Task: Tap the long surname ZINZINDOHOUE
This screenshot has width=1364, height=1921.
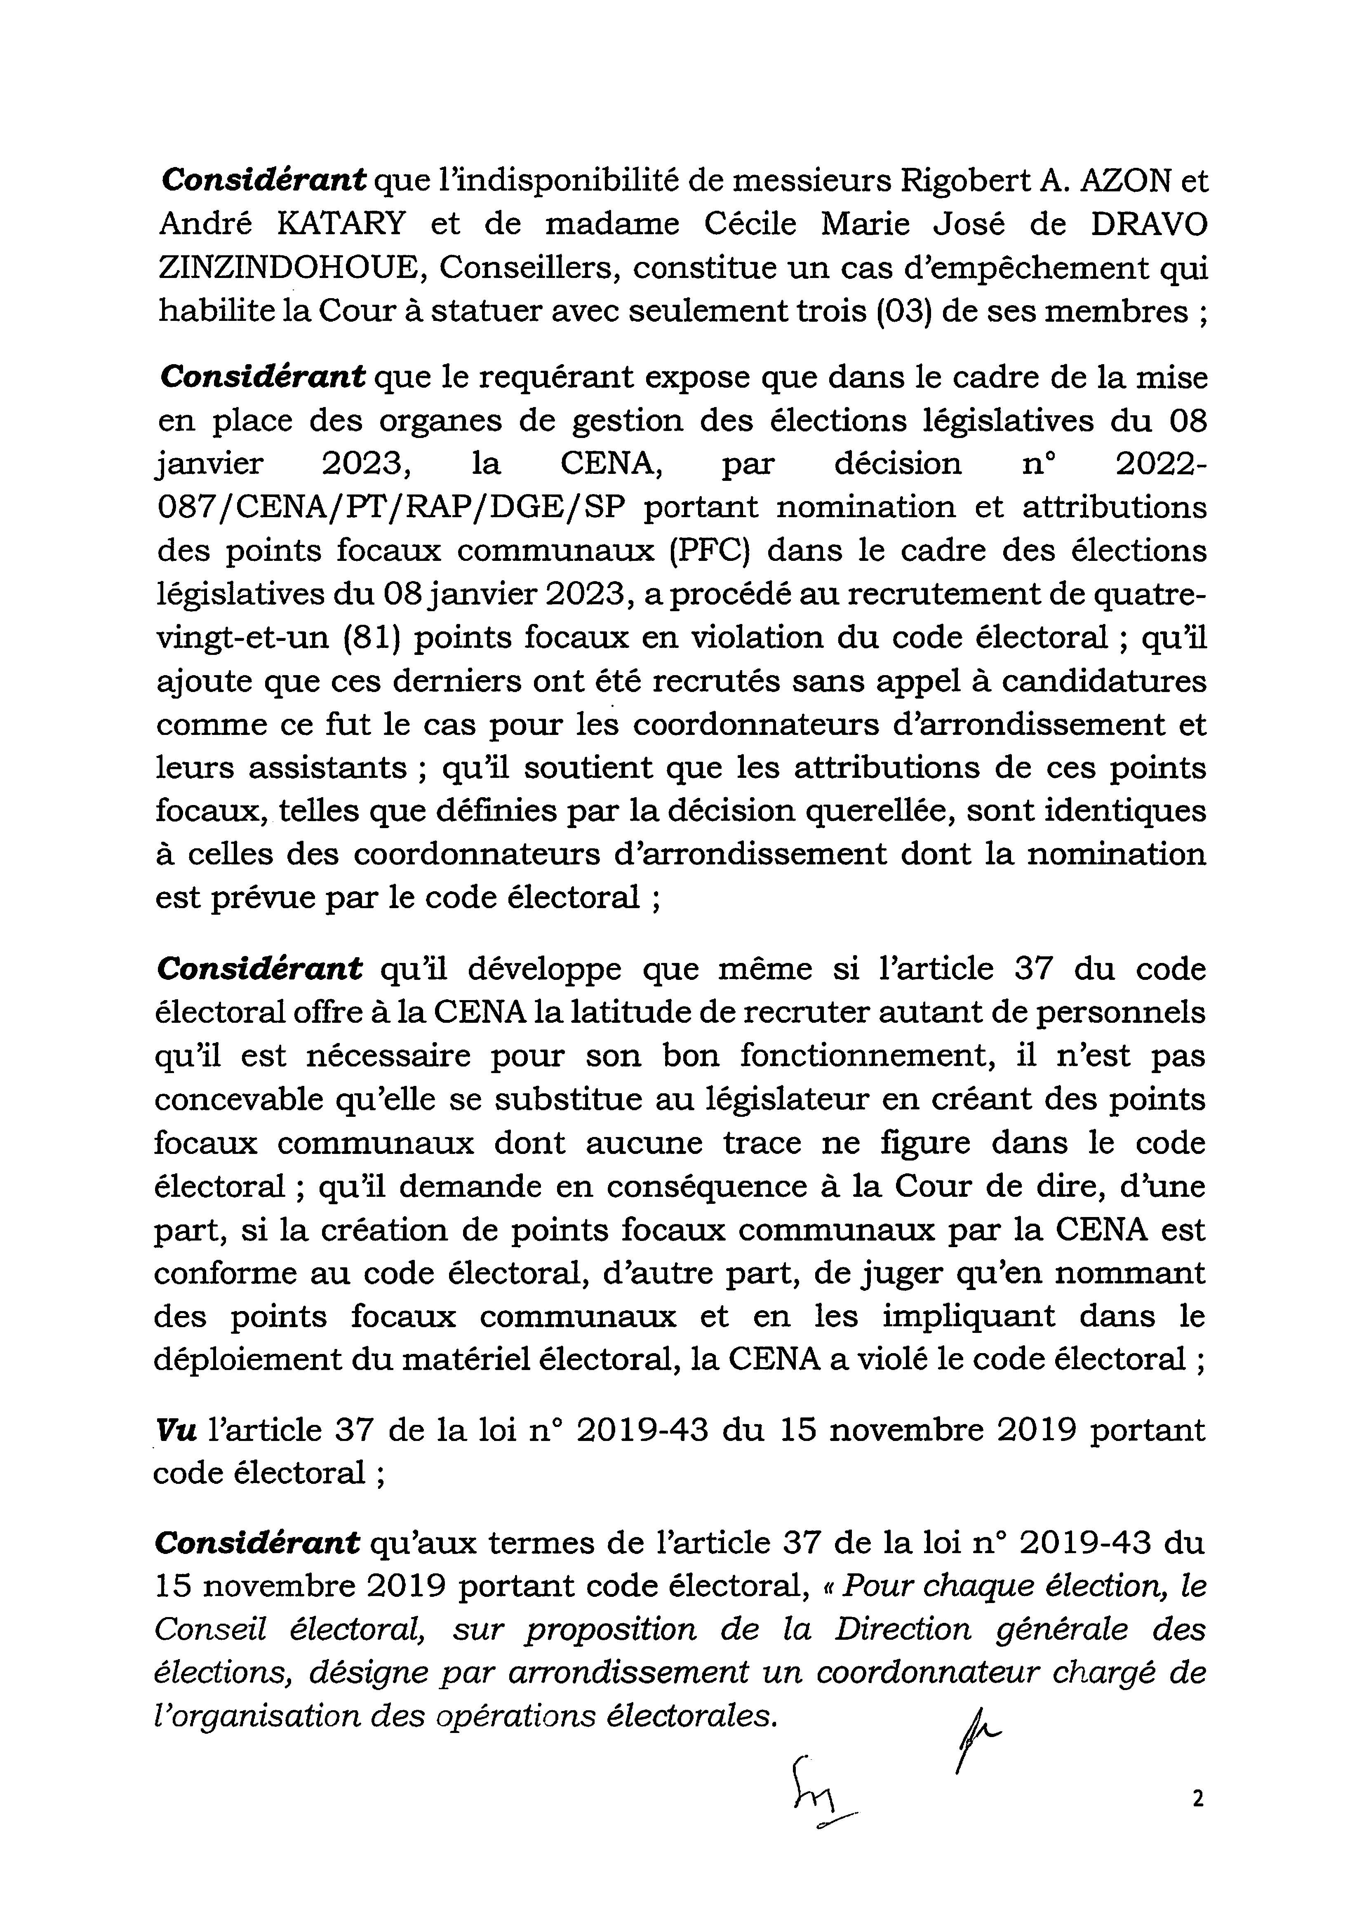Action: (292, 268)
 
